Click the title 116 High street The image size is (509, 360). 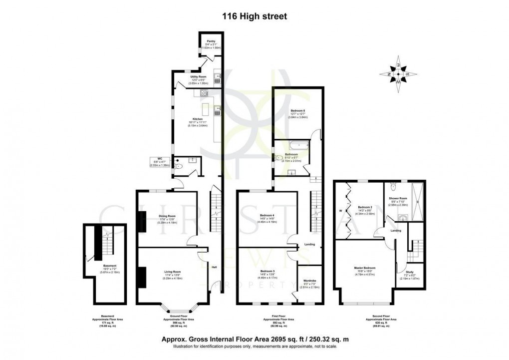pos(254,16)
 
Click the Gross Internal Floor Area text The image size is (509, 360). pos(254,340)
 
